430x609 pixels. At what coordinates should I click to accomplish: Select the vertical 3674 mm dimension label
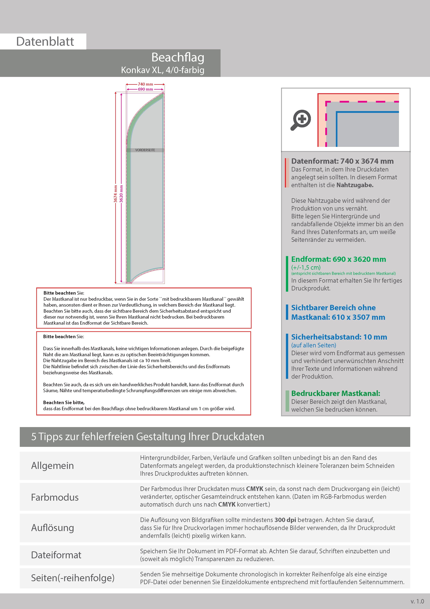[x=115, y=194]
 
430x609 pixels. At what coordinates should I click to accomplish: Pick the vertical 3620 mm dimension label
[x=121, y=194]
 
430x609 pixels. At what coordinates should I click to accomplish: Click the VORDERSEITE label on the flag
[x=145, y=150]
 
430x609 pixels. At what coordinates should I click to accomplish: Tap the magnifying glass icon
[x=301, y=120]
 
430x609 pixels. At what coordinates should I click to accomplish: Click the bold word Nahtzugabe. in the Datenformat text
[x=355, y=185]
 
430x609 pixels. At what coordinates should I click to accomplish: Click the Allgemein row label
[x=53, y=465]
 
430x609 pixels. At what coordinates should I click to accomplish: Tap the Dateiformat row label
[x=56, y=555]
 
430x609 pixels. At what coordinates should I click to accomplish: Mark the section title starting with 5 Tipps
[x=148, y=437]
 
